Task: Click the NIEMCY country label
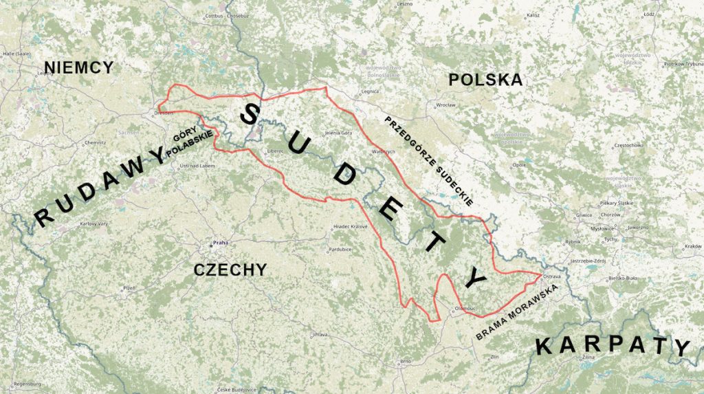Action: click(x=78, y=67)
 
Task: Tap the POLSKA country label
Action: click(x=485, y=80)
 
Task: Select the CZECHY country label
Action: click(x=230, y=270)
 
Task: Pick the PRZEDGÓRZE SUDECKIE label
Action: click(x=428, y=161)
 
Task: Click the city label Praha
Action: click(x=220, y=243)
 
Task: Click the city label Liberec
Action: click(x=277, y=151)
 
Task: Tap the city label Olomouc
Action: click(x=465, y=309)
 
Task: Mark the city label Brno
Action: click(x=405, y=360)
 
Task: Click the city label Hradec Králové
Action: click(x=351, y=226)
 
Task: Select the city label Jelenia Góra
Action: click(x=338, y=132)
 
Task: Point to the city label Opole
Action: click(x=519, y=166)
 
